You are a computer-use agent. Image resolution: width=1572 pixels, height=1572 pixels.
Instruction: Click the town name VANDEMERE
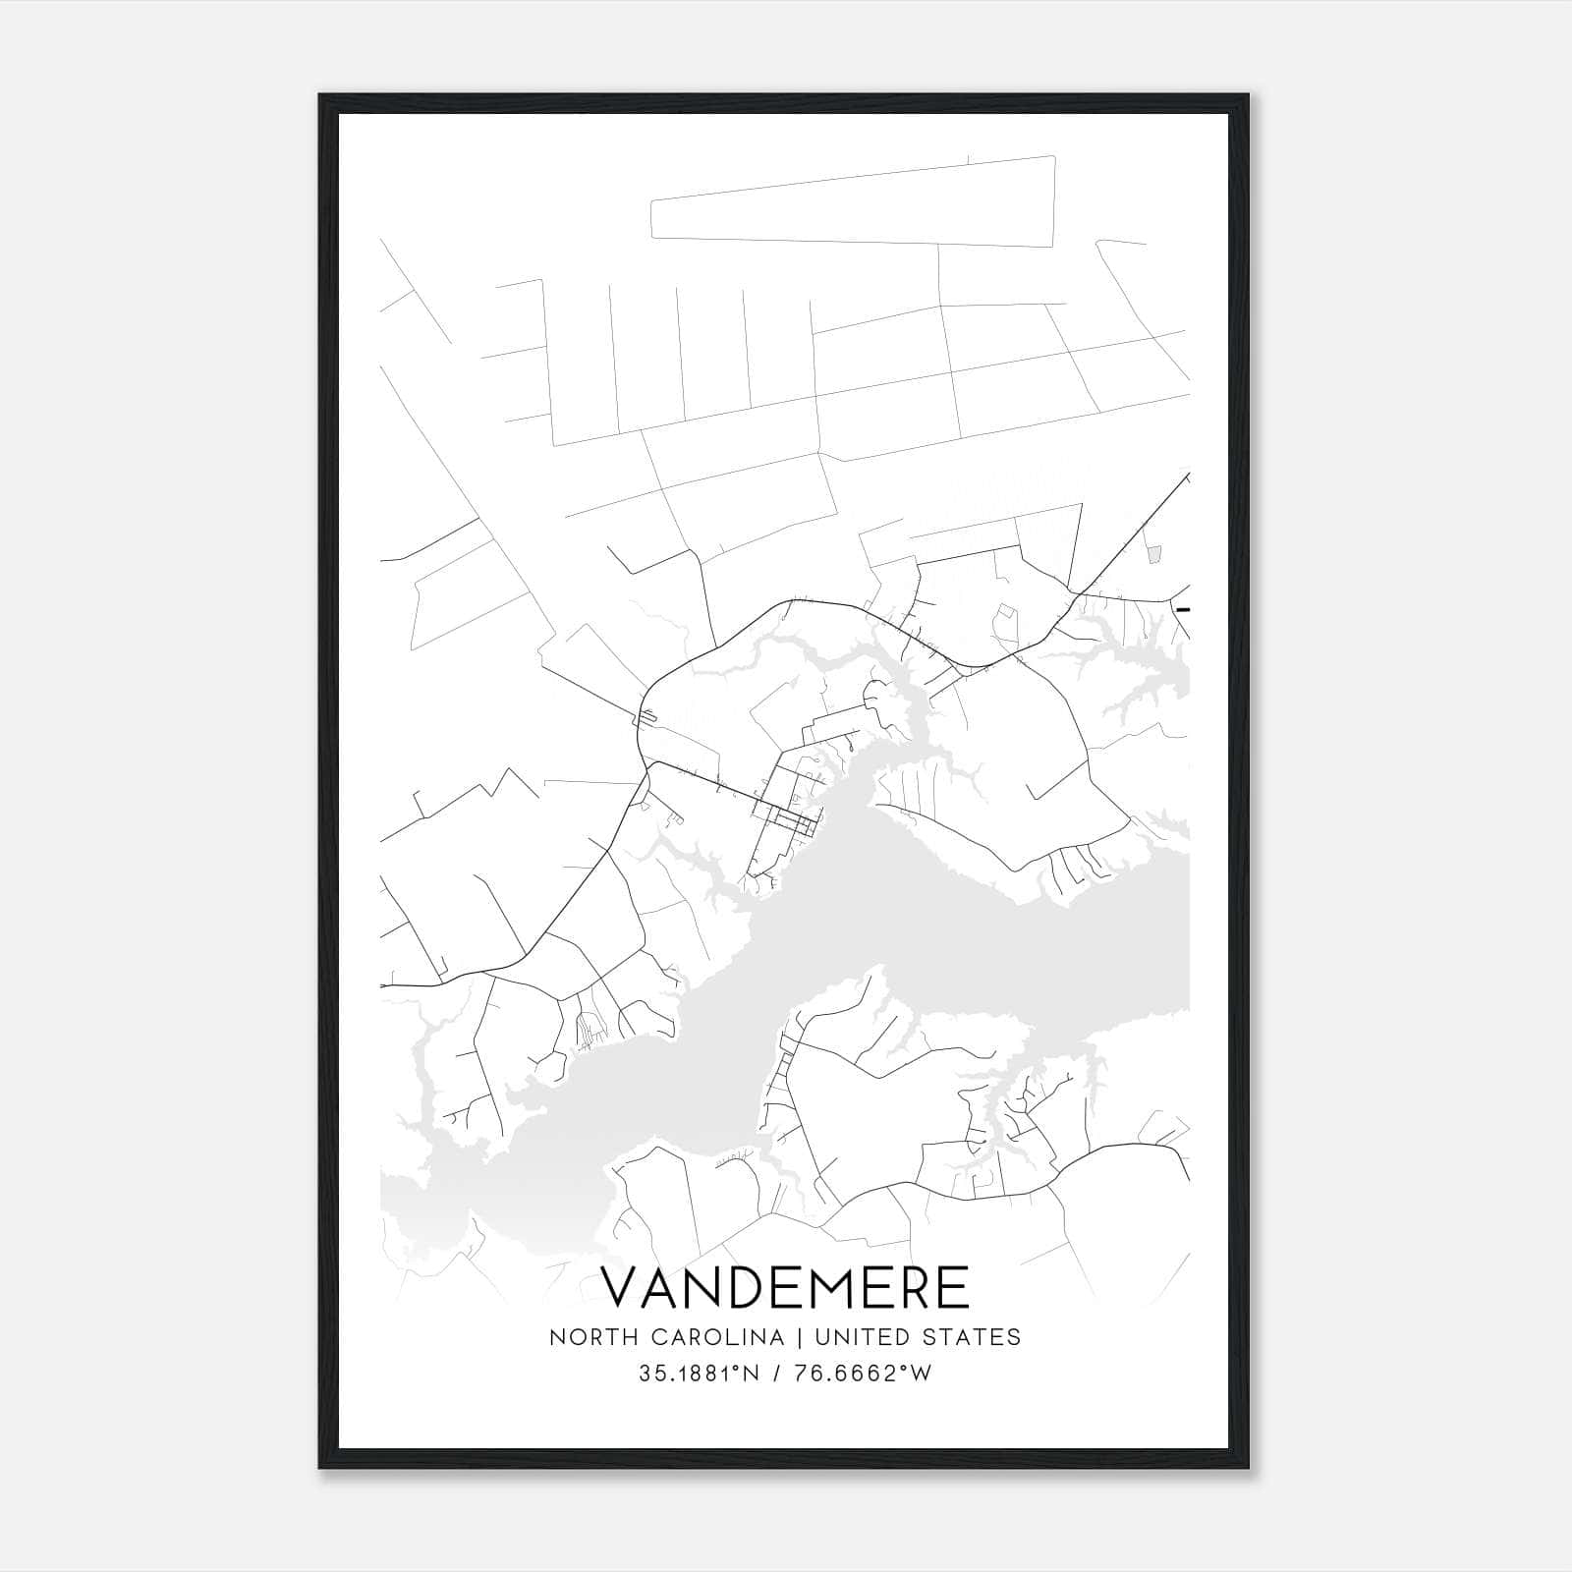coord(785,1287)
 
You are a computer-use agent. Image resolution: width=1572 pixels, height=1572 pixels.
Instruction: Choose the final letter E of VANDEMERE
coord(951,1287)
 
